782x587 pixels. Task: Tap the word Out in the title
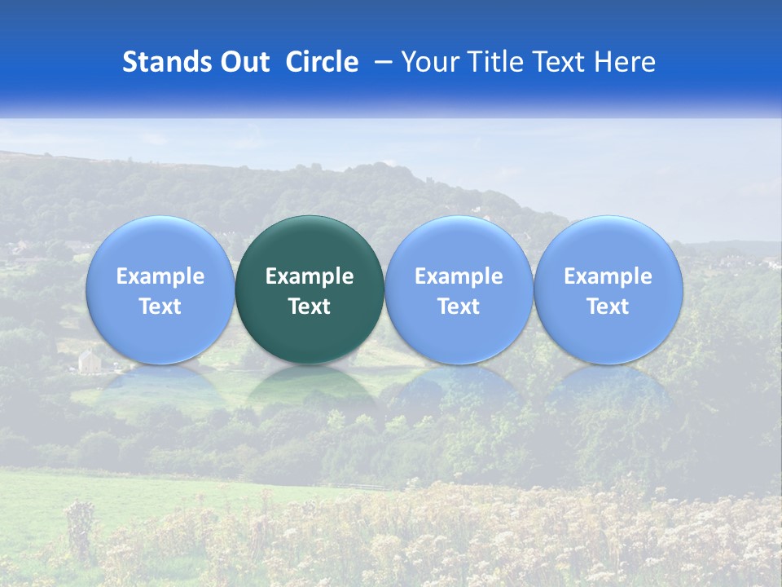pyautogui.click(x=242, y=62)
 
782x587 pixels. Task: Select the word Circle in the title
pyautogui.click(x=322, y=62)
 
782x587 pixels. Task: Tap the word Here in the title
pyautogui.click(x=625, y=62)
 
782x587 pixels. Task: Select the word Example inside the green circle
pyautogui.click(x=310, y=276)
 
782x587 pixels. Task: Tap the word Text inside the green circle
pyautogui.click(x=310, y=307)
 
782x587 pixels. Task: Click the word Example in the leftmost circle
pyautogui.click(x=160, y=276)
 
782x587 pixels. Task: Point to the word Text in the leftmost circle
pyautogui.click(x=160, y=307)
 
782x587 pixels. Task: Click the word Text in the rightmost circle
pyautogui.click(x=608, y=307)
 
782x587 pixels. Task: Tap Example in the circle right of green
pyautogui.click(x=459, y=276)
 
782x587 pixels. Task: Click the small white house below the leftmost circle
pyautogui.click(x=89, y=360)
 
